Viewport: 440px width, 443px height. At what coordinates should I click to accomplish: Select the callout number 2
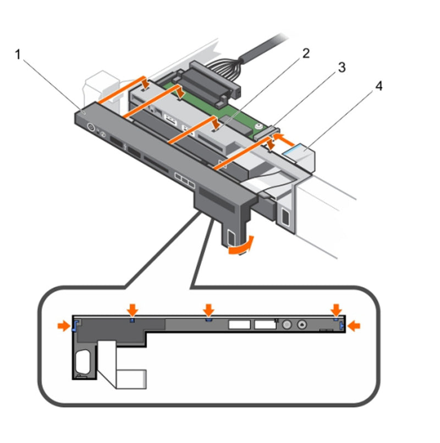pos(305,53)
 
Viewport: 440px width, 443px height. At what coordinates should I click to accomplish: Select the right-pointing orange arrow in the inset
pos(64,326)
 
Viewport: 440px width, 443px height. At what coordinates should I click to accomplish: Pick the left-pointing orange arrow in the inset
pos(354,326)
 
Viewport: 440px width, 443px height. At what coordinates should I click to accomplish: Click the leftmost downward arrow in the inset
pos(133,308)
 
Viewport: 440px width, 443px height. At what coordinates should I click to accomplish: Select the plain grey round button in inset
pos(286,325)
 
